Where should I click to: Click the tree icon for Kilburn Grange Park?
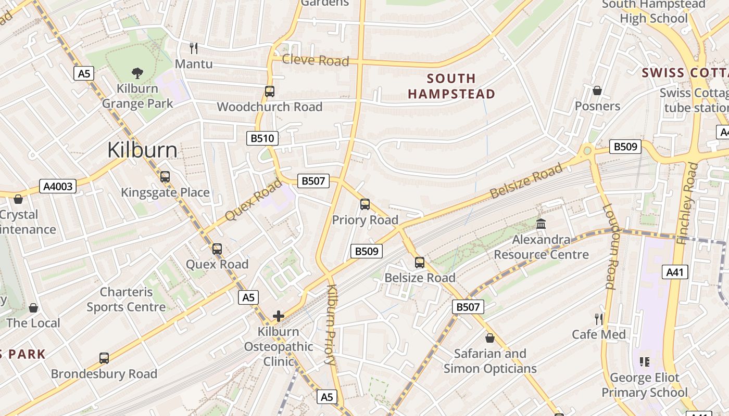[x=137, y=73]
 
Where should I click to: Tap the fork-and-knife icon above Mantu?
[x=194, y=48]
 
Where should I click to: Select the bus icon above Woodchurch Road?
[x=269, y=92]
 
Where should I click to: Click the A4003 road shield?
[x=58, y=186]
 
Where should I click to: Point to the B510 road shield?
[x=262, y=138]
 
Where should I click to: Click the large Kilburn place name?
[x=142, y=150]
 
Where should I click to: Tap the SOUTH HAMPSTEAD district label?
[x=451, y=86]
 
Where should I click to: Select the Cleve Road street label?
[x=315, y=60]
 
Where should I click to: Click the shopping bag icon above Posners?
[x=597, y=90]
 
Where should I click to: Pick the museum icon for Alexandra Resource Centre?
[x=541, y=224]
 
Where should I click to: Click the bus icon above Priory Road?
[x=365, y=204]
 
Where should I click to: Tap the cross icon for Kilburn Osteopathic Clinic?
[x=279, y=316]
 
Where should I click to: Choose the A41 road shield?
[x=675, y=271]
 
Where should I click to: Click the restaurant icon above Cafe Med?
[x=599, y=319]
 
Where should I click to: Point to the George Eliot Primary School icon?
[x=645, y=361]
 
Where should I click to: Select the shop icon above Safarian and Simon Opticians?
[x=489, y=338]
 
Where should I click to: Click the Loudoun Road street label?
[x=610, y=246]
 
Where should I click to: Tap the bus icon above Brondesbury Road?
[x=104, y=358]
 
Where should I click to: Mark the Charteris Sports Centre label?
[x=126, y=300]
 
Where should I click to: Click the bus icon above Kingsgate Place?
[x=165, y=177]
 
